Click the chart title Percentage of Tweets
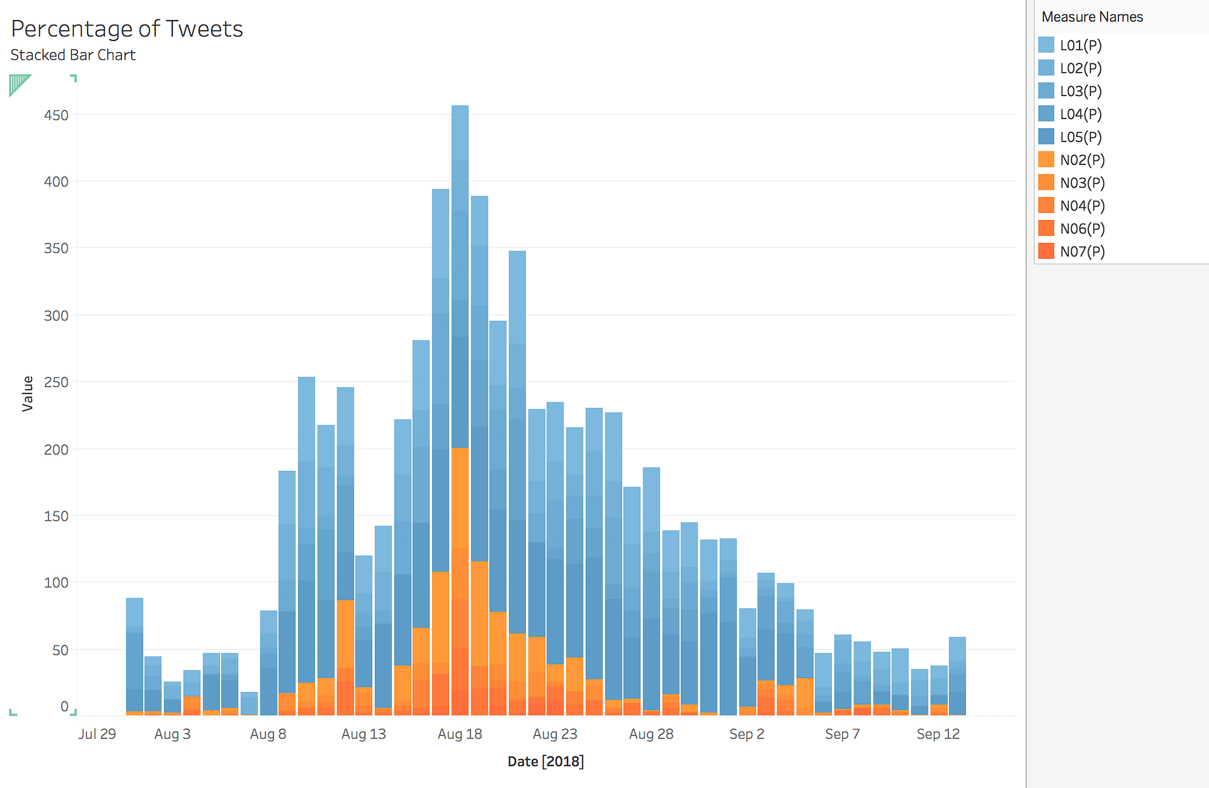[127, 29]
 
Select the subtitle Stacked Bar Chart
[73, 55]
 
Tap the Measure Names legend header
[1092, 17]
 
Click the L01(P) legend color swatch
[1046, 45]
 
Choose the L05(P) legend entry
[1080, 137]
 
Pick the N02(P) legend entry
[1081, 160]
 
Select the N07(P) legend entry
[1081, 251]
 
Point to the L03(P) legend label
[1080, 91]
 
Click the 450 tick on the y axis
[56, 115]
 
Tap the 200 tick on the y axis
[56, 449]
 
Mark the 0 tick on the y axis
[64, 706]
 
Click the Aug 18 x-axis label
[459, 734]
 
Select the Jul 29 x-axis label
[97, 734]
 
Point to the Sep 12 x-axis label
[938, 734]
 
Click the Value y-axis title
[28, 393]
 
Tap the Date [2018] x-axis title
[545, 761]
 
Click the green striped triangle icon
[18, 83]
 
